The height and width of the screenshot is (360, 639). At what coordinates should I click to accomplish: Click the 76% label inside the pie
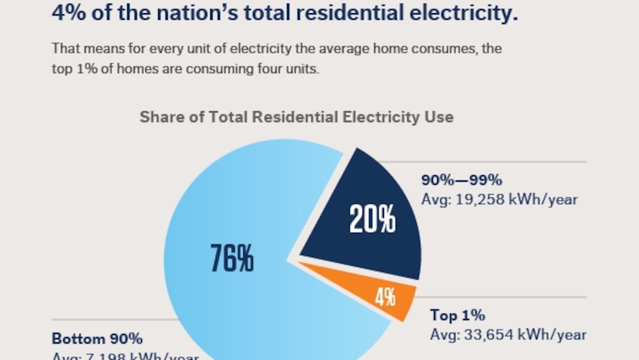point(232,257)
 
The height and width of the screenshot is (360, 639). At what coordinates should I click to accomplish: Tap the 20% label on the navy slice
point(372,219)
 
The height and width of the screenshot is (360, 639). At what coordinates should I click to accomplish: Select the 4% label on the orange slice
point(385,297)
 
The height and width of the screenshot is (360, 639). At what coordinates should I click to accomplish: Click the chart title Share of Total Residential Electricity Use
point(296,117)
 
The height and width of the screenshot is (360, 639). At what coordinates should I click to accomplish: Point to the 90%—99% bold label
point(462,180)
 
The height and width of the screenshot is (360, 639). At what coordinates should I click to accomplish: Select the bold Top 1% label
point(457,315)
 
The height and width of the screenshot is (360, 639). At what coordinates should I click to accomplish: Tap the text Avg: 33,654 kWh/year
point(508,335)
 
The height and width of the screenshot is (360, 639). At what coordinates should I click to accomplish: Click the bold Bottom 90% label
point(97,339)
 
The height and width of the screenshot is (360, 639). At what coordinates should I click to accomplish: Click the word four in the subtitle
point(243,69)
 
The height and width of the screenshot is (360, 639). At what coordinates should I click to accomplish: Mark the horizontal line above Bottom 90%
point(112,320)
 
